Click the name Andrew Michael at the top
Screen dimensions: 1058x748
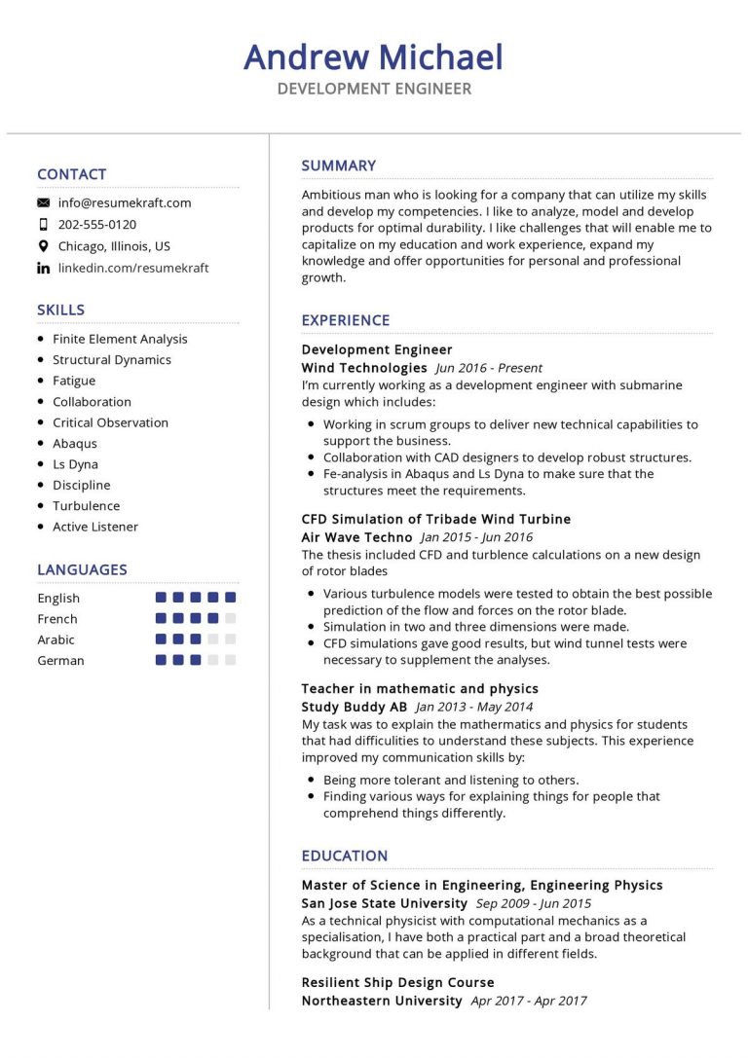coord(373,57)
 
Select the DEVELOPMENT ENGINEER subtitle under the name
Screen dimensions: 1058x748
coord(373,90)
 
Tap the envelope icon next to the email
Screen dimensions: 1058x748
coord(43,203)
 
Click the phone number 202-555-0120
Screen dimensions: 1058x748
coord(97,225)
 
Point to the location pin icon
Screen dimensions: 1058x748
coord(43,246)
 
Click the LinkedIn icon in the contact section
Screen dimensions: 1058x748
coord(43,268)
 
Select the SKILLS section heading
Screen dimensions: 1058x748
coord(60,310)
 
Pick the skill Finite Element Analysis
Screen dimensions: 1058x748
coord(120,340)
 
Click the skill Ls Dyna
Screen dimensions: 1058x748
coord(75,464)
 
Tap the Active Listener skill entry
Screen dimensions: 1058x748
coord(95,527)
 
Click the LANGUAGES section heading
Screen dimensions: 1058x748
coord(82,569)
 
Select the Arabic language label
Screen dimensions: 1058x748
coord(56,639)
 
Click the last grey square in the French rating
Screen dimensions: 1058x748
coord(230,618)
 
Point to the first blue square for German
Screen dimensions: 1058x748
coord(161,660)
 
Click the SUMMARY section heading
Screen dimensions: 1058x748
coord(338,165)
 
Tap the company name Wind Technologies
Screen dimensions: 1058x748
coord(364,368)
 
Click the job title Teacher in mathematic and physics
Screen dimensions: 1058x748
coord(420,689)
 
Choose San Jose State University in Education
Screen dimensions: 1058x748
coord(384,903)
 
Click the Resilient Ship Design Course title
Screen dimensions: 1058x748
coord(397,983)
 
